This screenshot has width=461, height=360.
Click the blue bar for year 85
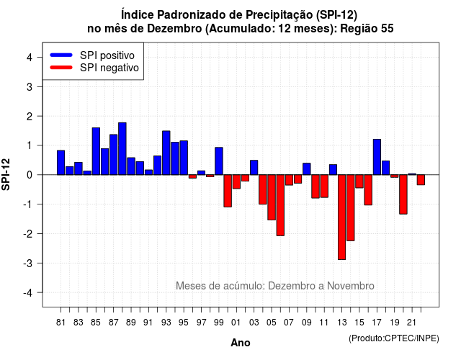[96, 151]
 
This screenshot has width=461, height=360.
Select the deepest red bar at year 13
[341, 217]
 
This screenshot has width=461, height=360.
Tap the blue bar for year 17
[377, 157]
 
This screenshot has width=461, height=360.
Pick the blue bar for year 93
[166, 153]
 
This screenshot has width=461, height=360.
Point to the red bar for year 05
[272, 197]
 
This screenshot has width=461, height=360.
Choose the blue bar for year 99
[219, 161]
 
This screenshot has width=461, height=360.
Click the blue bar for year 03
[254, 168]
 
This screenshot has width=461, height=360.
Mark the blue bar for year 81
[61, 163]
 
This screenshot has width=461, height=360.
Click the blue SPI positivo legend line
[61, 55]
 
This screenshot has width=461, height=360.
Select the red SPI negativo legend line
[61, 68]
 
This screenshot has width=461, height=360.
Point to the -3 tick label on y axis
[28, 263]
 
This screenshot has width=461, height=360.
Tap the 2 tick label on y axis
[30, 117]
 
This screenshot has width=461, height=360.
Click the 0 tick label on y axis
[30, 175]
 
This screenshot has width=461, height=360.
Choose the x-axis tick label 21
[411, 323]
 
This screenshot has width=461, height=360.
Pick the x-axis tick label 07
[289, 323]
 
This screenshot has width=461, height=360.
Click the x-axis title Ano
[241, 343]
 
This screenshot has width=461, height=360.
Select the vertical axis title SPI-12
[6, 174]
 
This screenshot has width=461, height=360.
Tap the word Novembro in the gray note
[351, 286]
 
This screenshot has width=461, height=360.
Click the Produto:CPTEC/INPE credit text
[394, 338]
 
